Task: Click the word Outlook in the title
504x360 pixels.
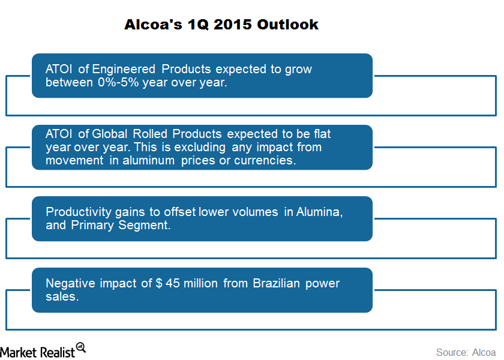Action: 287,25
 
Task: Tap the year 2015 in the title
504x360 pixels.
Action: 232,25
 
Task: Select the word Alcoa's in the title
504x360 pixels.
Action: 153,25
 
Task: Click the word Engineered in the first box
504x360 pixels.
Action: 124,70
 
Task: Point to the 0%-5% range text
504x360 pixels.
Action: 118,83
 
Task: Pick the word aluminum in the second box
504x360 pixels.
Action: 149,160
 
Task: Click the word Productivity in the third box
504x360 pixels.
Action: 79,212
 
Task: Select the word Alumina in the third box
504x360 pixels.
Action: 319,212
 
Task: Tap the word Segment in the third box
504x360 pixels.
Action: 144,226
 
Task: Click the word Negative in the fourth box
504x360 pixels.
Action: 70,283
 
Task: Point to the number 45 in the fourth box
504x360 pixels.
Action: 173,283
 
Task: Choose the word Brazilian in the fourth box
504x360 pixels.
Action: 276,283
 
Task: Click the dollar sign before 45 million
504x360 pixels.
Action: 159,283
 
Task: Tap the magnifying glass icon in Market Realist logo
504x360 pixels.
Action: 81,348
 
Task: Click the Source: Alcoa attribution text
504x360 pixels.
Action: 466,352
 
